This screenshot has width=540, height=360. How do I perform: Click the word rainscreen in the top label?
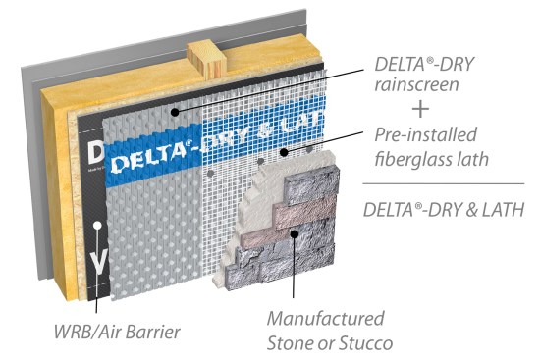tap(404, 84)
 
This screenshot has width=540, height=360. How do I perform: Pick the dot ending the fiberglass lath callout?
tap(282, 153)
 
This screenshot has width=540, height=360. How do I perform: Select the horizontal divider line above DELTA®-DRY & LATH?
tap(443, 183)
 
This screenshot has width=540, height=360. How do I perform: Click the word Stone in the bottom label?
tap(296, 343)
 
